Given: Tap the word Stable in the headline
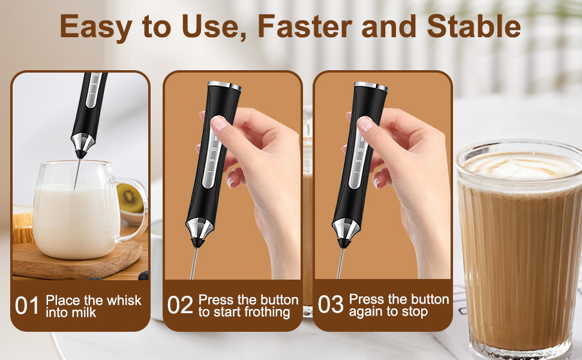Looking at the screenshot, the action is tap(473, 26).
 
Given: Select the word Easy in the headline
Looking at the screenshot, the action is tap(96, 28).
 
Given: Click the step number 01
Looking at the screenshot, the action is tap(27, 306).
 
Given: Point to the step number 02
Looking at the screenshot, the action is tap(180, 305).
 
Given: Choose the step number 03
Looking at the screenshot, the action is tap(331, 304).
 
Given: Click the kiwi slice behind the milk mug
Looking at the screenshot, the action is tap(130, 198).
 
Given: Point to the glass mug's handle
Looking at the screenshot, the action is tap(132, 209).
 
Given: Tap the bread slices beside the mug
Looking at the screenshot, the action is tap(22, 225).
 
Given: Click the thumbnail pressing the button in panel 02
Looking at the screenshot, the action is tap(219, 123).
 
